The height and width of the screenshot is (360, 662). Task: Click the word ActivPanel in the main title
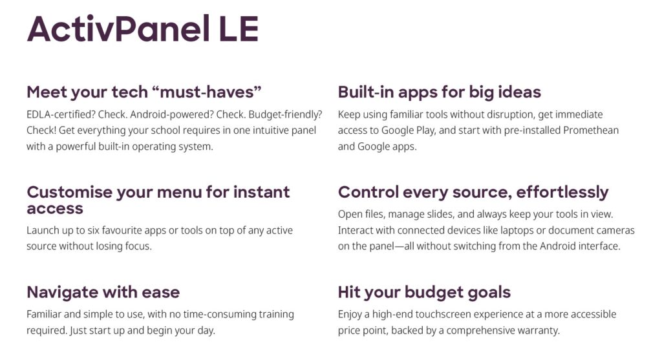click(118, 28)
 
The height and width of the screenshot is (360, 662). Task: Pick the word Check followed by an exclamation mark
click(41, 130)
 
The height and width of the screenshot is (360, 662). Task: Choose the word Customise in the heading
click(70, 192)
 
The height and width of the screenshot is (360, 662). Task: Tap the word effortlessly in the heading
click(562, 193)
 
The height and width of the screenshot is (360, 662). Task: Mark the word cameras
click(615, 231)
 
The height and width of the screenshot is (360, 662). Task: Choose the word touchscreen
click(442, 314)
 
